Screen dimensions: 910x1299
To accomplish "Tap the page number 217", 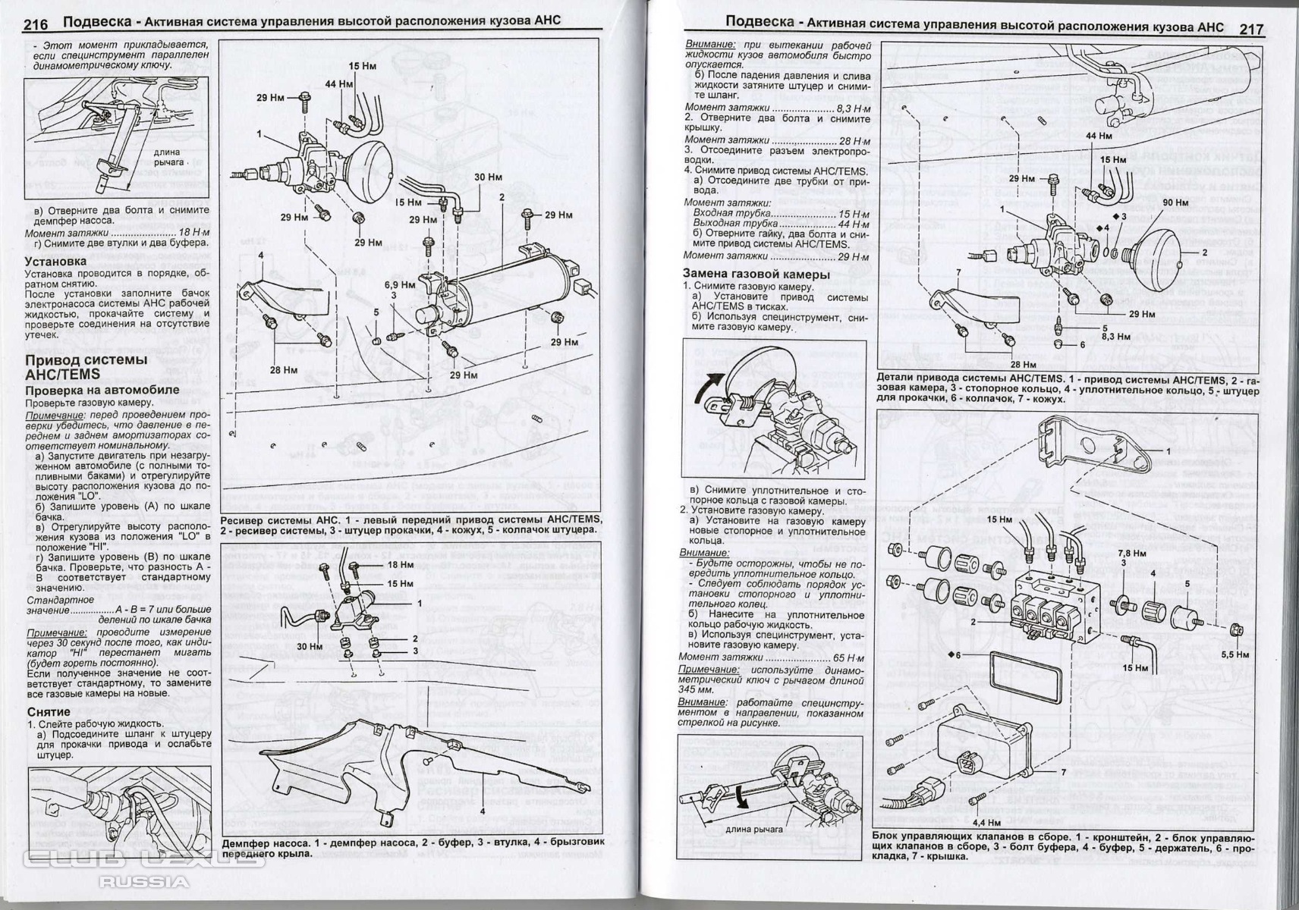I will point(1251,29).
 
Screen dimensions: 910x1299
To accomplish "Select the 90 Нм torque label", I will point(1175,202).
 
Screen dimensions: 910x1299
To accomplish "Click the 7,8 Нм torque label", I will point(1132,554).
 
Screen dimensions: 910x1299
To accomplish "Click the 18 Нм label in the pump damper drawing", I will point(400,565).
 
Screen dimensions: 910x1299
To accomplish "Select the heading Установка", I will point(55,262).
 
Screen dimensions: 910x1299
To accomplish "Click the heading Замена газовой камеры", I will point(756,275).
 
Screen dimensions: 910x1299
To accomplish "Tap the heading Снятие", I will point(49,712).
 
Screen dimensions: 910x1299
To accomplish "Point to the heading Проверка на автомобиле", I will point(102,390).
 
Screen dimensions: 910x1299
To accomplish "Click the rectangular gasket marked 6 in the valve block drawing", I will point(1021,673).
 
